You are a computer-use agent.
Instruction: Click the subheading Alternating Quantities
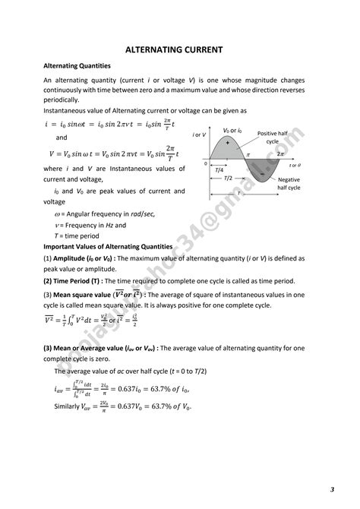pos(77,66)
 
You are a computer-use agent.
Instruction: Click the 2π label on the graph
pos(280,153)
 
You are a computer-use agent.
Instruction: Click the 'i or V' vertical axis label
pos(199,134)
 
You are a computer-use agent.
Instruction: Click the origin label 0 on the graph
pos(205,163)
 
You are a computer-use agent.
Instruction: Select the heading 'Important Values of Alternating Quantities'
pos(108,247)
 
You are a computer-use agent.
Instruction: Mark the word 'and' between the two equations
pos(62,138)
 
